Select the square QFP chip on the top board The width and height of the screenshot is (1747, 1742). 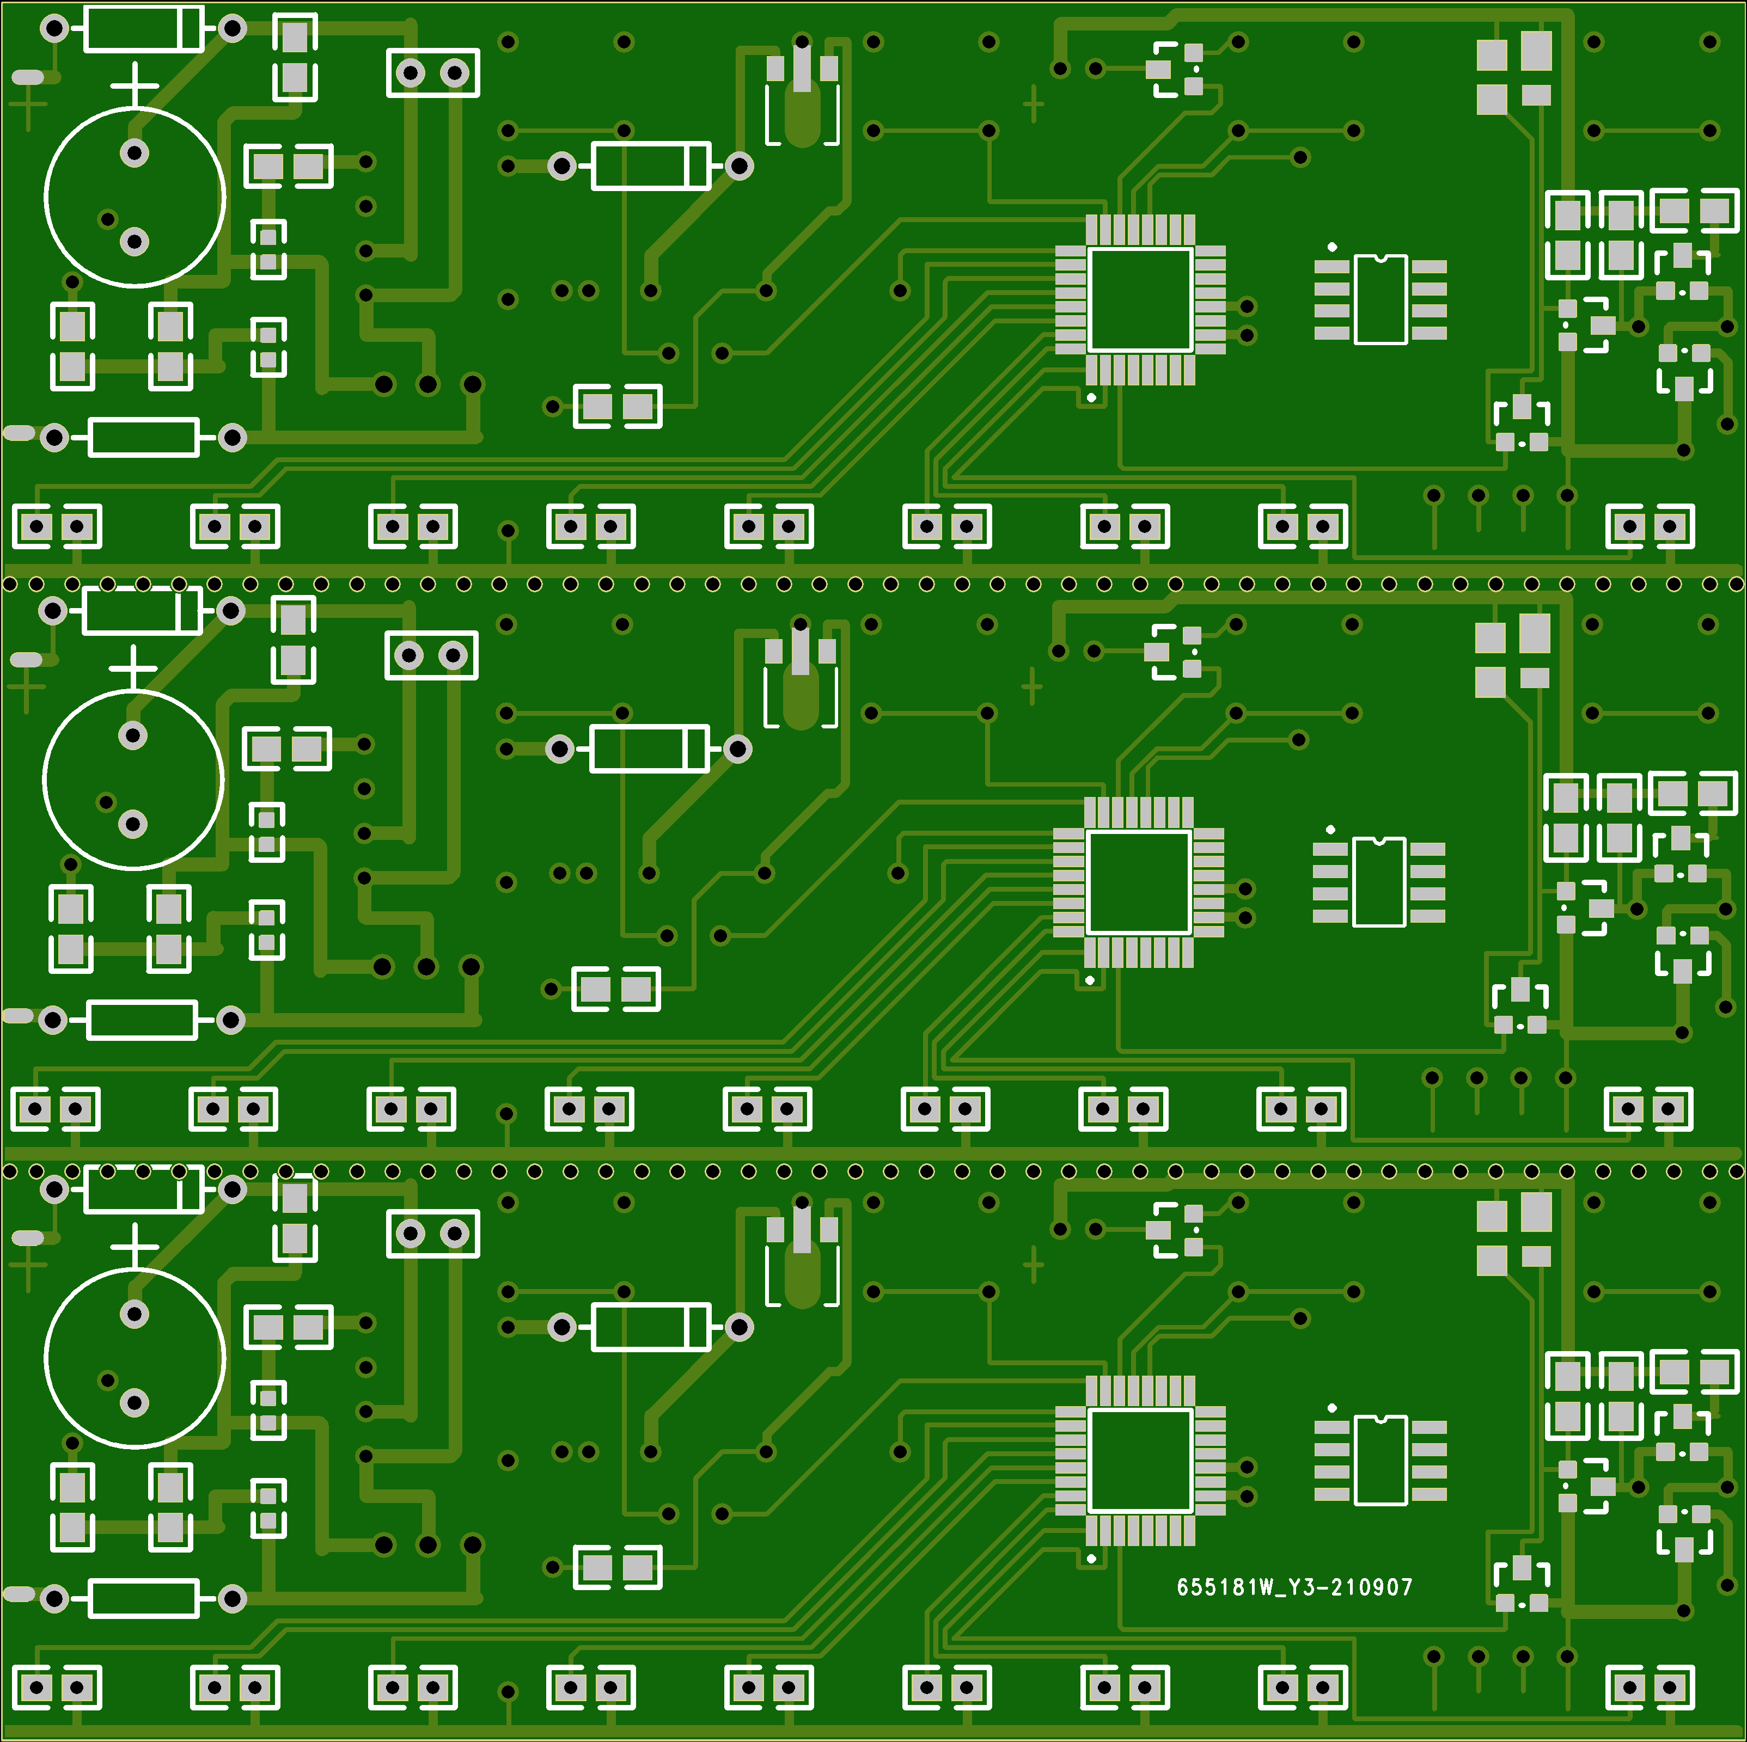click(1140, 300)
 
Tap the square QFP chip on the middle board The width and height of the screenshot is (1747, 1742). click(1139, 882)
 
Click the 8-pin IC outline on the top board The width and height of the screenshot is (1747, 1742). click(1380, 299)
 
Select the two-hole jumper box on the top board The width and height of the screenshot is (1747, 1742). click(433, 72)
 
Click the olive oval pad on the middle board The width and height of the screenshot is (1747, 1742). click(801, 696)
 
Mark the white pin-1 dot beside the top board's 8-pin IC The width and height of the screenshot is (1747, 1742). click(1332, 247)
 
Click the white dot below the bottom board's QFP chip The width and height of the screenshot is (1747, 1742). click(1091, 1559)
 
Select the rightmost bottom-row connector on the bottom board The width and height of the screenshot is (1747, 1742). click(1650, 1687)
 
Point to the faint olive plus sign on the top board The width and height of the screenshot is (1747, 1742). click(1034, 104)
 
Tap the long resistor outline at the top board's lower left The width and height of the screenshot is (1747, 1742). click(144, 438)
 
